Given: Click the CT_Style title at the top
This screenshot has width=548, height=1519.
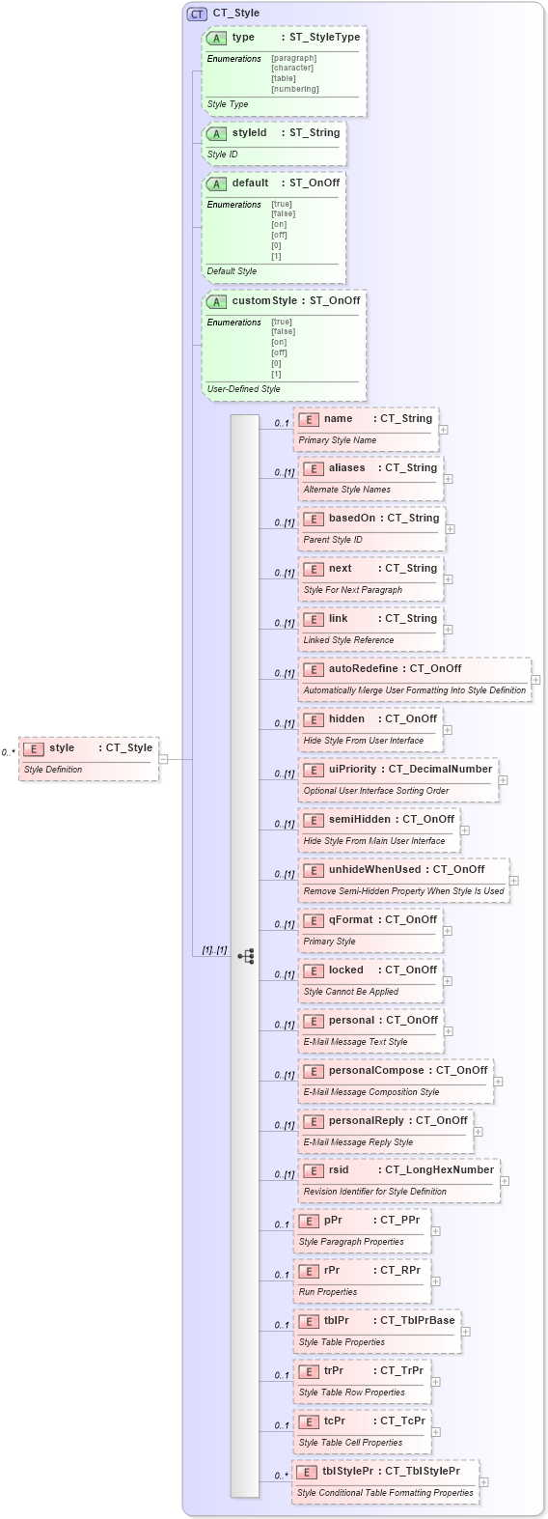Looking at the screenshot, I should click(235, 14).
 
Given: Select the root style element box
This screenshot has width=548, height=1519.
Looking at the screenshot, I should click(89, 757).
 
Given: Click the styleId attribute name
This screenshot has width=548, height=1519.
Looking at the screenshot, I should click(249, 133).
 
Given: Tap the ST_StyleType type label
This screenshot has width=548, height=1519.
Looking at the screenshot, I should click(325, 38).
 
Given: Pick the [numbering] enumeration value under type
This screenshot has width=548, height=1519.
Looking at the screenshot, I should click(295, 89).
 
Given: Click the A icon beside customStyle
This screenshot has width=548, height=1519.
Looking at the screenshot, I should click(217, 301).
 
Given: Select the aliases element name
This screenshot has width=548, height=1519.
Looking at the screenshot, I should click(346, 468).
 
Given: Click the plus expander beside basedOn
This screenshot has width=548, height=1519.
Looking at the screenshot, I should click(450, 529).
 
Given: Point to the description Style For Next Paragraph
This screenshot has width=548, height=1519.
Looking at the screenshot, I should click(352, 590).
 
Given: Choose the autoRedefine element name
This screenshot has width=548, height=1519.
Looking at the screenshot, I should click(363, 669).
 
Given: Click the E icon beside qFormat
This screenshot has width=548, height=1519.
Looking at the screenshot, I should click(313, 920).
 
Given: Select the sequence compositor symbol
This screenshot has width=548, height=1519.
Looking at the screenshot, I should click(246, 956).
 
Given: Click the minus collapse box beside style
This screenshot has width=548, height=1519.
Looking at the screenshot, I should click(163, 759).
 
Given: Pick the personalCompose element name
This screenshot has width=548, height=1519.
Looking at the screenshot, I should click(376, 1071).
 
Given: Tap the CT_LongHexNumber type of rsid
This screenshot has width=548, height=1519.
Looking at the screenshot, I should click(439, 1170).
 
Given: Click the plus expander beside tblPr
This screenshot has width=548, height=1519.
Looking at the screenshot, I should click(465, 1332).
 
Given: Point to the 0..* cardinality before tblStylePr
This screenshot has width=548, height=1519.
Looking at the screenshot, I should click(281, 1476).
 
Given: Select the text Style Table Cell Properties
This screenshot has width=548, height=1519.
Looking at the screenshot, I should click(350, 1443).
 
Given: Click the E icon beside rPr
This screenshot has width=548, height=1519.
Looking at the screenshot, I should click(309, 1271).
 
